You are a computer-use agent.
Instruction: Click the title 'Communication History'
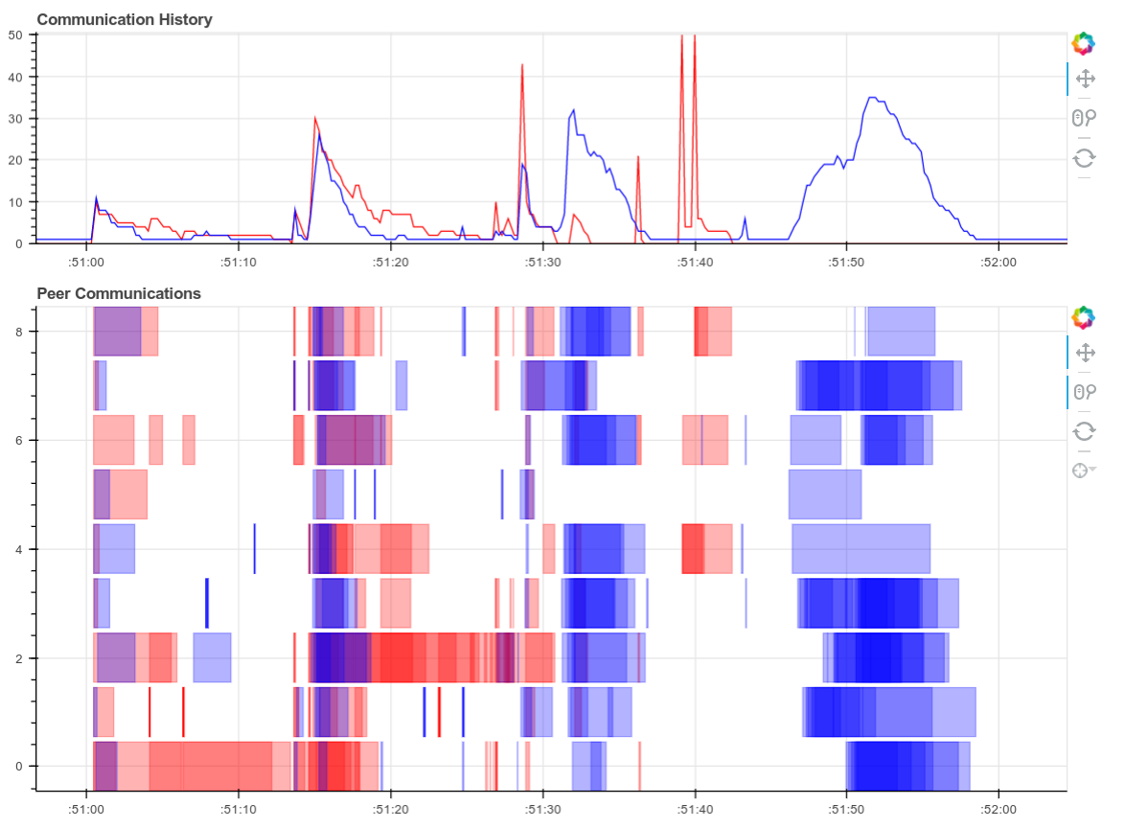125,19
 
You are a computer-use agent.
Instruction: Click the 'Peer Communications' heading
119,293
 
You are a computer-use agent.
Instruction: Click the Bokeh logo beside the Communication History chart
1083,43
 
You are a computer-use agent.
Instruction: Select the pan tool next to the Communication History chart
1085,79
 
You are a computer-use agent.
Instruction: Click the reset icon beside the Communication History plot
1085,157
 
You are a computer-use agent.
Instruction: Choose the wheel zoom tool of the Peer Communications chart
1085,392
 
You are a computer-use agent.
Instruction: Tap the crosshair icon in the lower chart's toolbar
1083,470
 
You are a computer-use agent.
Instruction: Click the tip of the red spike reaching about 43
522,65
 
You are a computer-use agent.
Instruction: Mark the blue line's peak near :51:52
871,98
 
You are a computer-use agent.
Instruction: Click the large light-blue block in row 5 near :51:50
824,494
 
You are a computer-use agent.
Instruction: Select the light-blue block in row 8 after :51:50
901,331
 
